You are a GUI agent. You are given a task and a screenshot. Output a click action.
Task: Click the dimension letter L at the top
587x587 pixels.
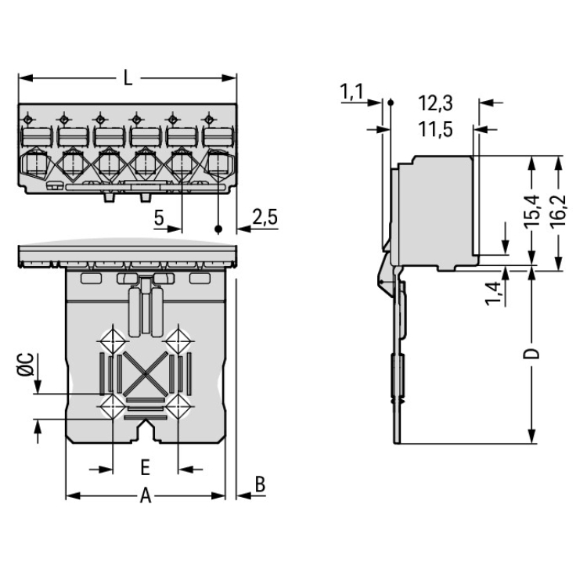coord(128,78)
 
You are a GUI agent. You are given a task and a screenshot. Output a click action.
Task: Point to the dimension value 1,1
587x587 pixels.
coord(352,92)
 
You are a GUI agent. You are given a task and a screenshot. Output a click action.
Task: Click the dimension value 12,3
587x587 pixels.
coord(436,103)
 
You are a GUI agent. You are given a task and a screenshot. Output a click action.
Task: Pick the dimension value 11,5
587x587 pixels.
coord(436,129)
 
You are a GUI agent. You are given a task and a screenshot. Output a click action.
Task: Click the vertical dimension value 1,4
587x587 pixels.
coord(493,291)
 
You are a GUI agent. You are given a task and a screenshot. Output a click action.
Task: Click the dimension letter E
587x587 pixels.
coord(145,469)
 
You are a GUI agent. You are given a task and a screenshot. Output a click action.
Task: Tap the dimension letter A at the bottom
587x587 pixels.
coord(145,495)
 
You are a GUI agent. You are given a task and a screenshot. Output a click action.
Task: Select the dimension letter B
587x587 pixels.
coord(260,484)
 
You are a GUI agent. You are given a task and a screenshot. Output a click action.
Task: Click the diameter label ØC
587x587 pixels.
coord(25,365)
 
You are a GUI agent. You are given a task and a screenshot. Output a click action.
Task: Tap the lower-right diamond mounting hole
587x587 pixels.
coord(179,405)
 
